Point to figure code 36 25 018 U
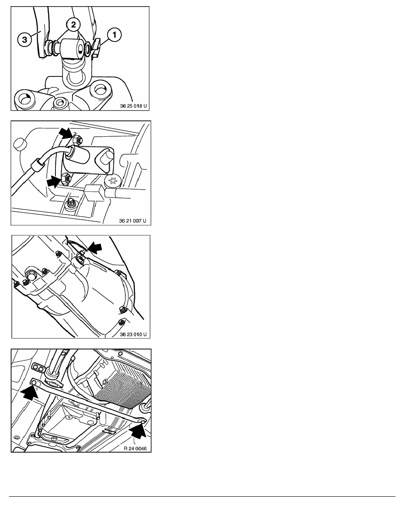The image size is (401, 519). click(133, 105)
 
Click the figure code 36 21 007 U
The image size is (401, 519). click(133, 220)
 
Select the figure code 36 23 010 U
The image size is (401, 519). click(133, 334)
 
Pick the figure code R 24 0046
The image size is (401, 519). click(135, 447)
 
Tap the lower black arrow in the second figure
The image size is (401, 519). click(55, 180)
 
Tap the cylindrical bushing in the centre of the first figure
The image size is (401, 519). click(72, 48)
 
